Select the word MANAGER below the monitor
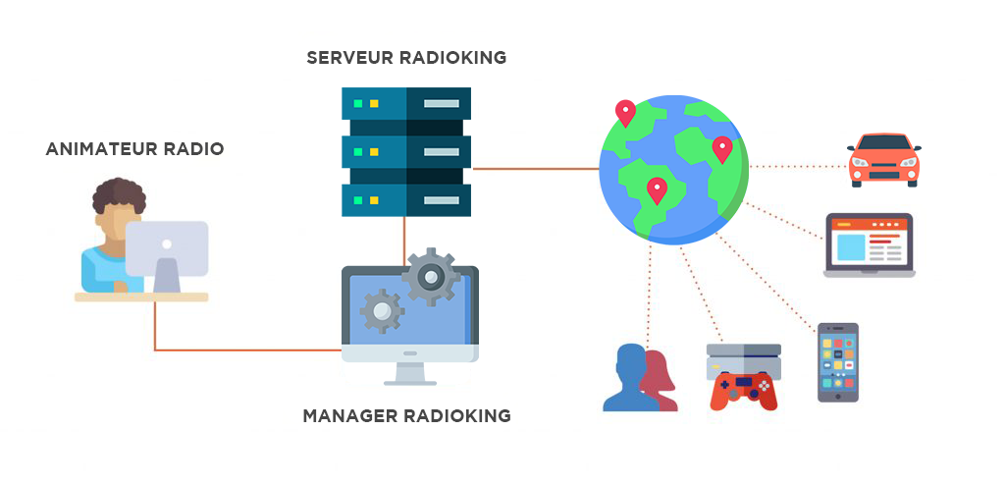pyautogui.click(x=350, y=416)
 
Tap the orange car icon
pyautogui.click(x=884, y=160)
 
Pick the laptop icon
pyautogui.click(x=870, y=245)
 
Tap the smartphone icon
pyautogui.click(x=838, y=362)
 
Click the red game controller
pyautogui.click(x=744, y=391)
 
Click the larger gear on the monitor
pyautogui.click(x=431, y=277)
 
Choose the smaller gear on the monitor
pyautogui.click(x=382, y=311)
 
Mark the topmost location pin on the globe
pyautogui.click(x=625, y=113)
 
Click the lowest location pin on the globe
pyautogui.click(x=657, y=190)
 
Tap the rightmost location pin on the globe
pyautogui.click(x=722, y=149)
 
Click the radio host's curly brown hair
pyautogui.click(x=119, y=196)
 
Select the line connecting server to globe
pyautogui.click(x=536, y=169)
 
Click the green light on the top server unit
pyautogui.click(x=358, y=103)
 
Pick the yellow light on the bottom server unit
pyautogui.click(x=374, y=200)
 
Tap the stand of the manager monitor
pyautogui.click(x=410, y=374)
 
